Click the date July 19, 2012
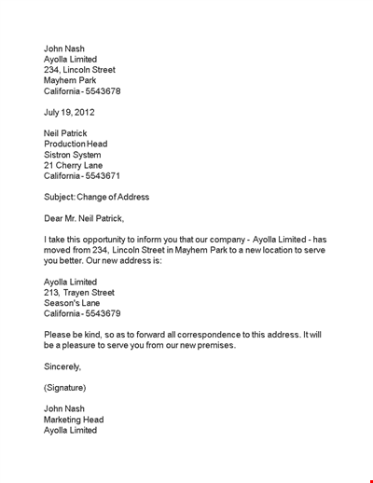pyautogui.click(x=69, y=112)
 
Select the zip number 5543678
pyautogui.click(x=102, y=91)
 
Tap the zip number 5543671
pyautogui.click(x=102, y=175)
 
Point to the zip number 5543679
pyautogui.click(x=102, y=313)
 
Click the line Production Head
pyautogui.click(x=76, y=144)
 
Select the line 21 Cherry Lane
pyautogui.click(x=75, y=165)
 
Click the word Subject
pyautogui.click(x=61, y=197)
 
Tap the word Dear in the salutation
pyautogui.click(x=54, y=218)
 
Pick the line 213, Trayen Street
pyautogui.click(x=79, y=293)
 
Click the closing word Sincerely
pyautogui.click(x=62, y=366)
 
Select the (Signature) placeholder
pyautogui.click(x=65, y=387)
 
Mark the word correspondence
pyautogui.click(x=192, y=335)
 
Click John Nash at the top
pyautogui.click(x=64, y=48)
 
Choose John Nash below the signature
pyautogui.click(x=64, y=408)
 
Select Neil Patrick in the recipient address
pyautogui.click(x=65, y=133)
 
